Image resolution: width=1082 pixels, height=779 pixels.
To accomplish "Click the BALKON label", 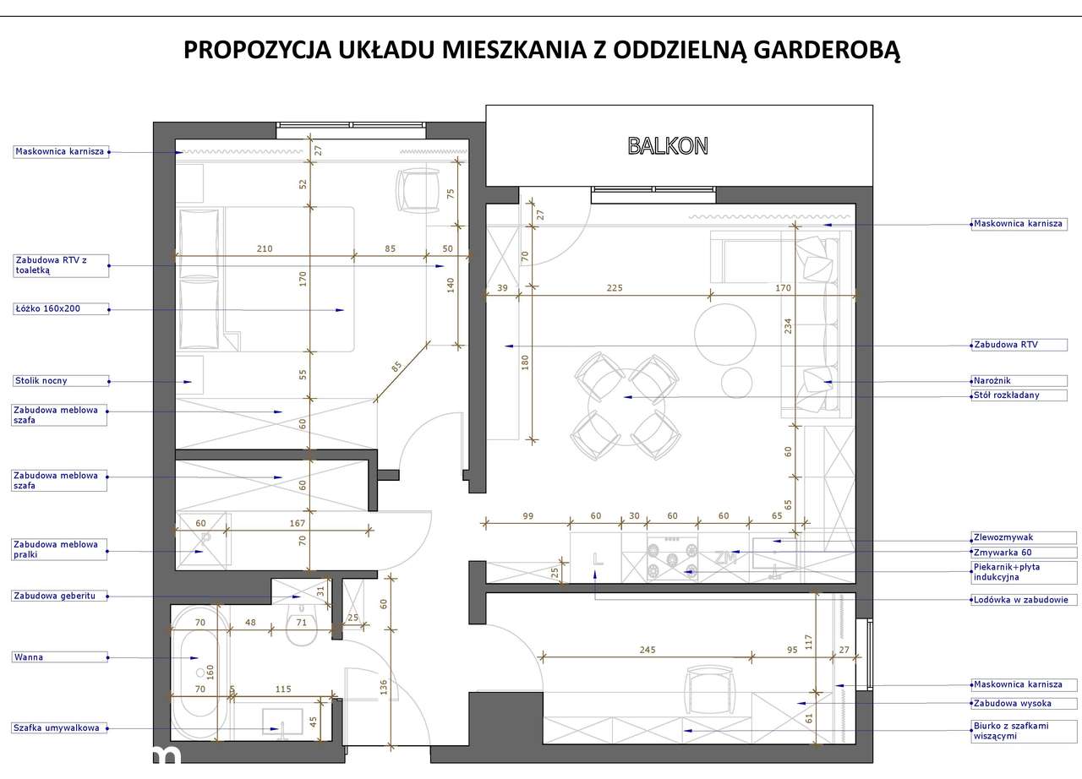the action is [x=668, y=146].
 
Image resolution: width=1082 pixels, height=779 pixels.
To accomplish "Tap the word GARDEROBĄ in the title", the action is [x=827, y=50].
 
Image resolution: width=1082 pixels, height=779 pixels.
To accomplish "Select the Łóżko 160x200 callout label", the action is [x=48, y=308].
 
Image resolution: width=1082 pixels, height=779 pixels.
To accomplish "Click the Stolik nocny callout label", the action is [x=41, y=380].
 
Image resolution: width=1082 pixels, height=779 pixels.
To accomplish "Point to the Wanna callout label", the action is [x=29, y=656].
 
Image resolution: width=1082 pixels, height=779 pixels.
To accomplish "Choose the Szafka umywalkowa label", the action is [x=57, y=727].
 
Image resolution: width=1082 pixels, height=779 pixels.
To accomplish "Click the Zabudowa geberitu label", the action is [x=55, y=596].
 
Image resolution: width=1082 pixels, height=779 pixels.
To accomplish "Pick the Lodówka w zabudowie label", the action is [x=1020, y=599].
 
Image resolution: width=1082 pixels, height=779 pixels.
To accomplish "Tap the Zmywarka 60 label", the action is [x=1003, y=553].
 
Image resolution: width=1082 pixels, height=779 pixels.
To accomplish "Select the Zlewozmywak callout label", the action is [x=1003, y=537].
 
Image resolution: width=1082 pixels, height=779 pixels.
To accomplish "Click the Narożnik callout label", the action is [x=992, y=380].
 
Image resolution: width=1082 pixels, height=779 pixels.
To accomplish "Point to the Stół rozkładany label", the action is [x=1006, y=395].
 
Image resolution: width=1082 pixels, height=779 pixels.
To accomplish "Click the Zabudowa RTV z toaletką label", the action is [x=52, y=265].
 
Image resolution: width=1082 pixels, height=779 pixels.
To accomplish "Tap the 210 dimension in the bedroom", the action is [x=265, y=248].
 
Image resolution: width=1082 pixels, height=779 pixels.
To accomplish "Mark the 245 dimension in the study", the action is [x=648, y=650].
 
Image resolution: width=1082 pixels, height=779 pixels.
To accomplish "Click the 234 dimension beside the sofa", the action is [x=788, y=326].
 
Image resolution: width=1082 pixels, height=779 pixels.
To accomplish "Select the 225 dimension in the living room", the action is [x=615, y=287].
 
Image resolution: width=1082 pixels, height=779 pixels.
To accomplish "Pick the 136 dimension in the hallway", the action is [x=384, y=687].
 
